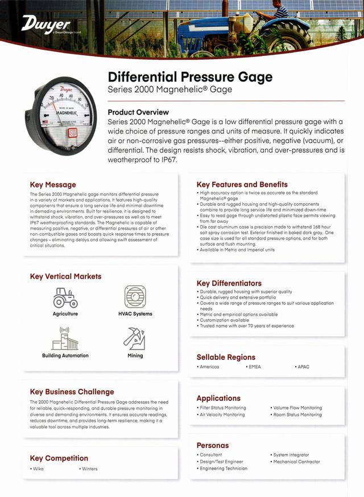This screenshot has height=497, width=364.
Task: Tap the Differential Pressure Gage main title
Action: pyautogui.click(x=190, y=77)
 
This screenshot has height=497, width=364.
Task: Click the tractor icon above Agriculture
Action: pyautogui.click(x=65, y=298)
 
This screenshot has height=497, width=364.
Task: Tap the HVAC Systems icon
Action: pyautogui.click(x=135, y=298)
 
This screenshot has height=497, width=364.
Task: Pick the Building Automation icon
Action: pyautogui.click(x=65, y=339)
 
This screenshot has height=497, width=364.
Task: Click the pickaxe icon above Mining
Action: pyautogui.click(x=135, y=339)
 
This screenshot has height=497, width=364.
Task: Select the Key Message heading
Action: pyautogui.click(x=52, y=185)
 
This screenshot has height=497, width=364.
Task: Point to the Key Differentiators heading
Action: pyautogui.click(x=229, y=283)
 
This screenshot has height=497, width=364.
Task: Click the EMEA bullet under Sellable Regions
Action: pyautogui.click(x=254, y=367)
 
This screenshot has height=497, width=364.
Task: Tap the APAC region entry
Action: pyautogui.click(x=303, y=367)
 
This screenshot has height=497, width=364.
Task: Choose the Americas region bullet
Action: pyautogui.click(x=209, y=367)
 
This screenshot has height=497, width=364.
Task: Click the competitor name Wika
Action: pyautogui.click(x=38, y=469)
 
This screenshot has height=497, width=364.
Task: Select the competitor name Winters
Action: pyautogui.click(x=89, y=469)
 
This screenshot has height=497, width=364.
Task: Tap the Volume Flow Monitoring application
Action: pyautogui.click(x=297, y=408)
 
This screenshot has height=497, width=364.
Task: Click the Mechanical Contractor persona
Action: pyautogui.click(x=296, y=462)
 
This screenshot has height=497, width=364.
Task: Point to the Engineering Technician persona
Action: pyautogui.click(x=223, y=469)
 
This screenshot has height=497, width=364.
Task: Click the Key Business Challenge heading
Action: pyautogui.click(x=72, y=392)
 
